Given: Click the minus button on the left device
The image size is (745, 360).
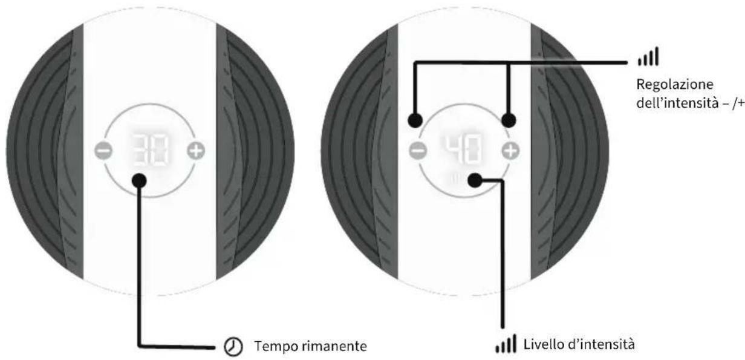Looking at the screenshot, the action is click(x=103, y=151).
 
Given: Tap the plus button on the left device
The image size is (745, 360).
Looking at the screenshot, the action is click(x=196, y=151).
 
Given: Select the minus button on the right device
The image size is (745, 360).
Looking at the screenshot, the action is click(x=418, y=151).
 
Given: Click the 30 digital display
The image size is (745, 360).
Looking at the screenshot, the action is click(x=150, y=150).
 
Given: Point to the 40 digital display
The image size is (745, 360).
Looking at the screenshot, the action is click(x=464, y=149).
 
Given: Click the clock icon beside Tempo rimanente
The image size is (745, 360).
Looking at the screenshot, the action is click(x=233, y=346).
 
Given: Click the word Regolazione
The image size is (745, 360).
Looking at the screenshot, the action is click(x=675, y=85).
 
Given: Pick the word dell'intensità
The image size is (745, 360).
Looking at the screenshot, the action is click(x=677, y=103).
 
